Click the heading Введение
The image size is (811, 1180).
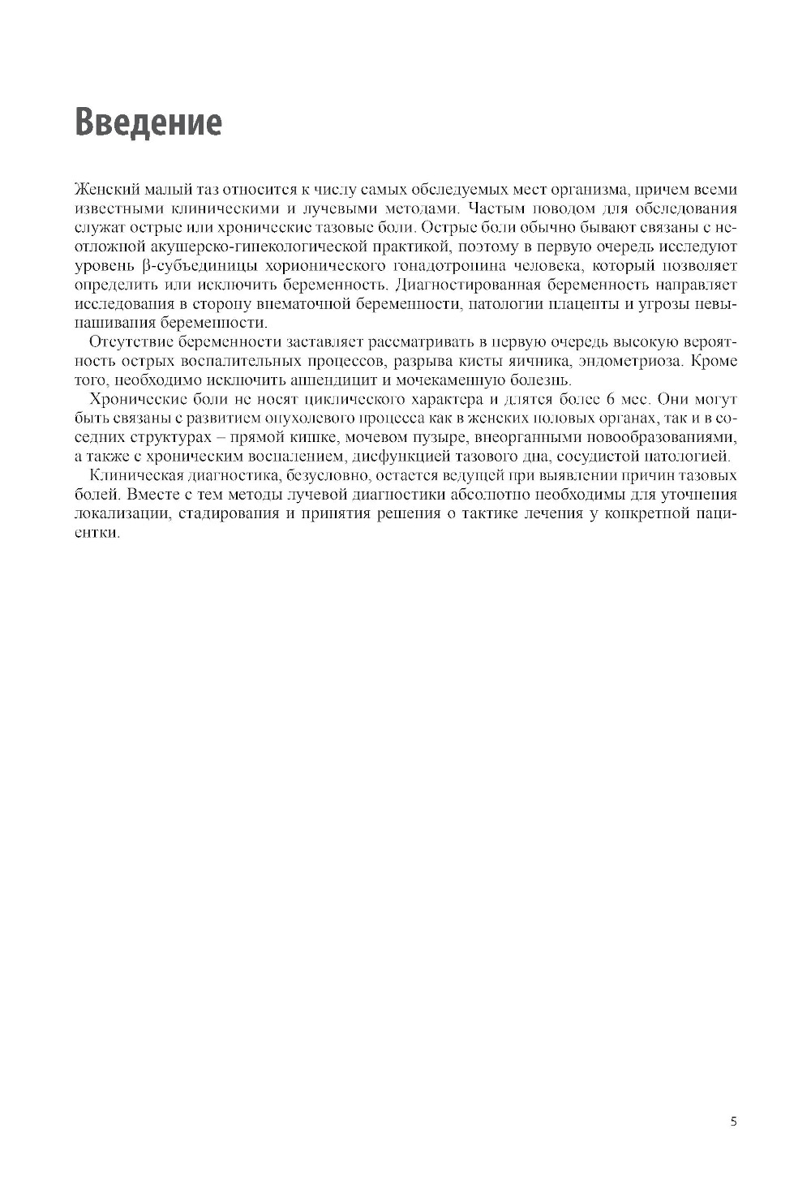point(148,122)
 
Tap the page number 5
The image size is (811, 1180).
point(734,1122)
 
